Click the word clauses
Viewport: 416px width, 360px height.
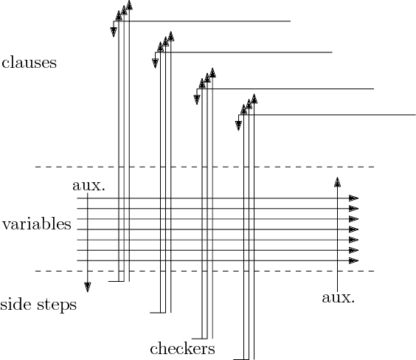click(30, 63)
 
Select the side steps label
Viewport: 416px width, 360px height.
click(38, 305)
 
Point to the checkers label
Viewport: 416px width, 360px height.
click(181, 348)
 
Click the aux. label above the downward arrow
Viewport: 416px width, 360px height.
click(89, 185)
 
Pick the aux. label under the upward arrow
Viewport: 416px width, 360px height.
click(339, 298)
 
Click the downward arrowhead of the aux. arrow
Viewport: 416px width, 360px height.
click(88, 287)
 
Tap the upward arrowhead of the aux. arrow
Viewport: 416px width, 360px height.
click(337, 181)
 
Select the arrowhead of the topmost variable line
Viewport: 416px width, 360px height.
click(354, 198)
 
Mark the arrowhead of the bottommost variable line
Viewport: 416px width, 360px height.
click(354, 260)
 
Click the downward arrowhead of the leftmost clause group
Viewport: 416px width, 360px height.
click(114, 30)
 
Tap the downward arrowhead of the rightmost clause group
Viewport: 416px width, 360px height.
click(238, 125)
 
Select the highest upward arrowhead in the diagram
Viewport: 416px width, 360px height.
click(129, 6)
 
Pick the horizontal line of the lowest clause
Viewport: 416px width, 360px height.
click(339, 114)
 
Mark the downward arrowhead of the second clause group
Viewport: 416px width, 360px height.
click(155, 62)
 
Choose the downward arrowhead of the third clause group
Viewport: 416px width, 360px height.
click(197, 99)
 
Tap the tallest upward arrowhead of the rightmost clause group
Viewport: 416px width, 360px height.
click(254, 97)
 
